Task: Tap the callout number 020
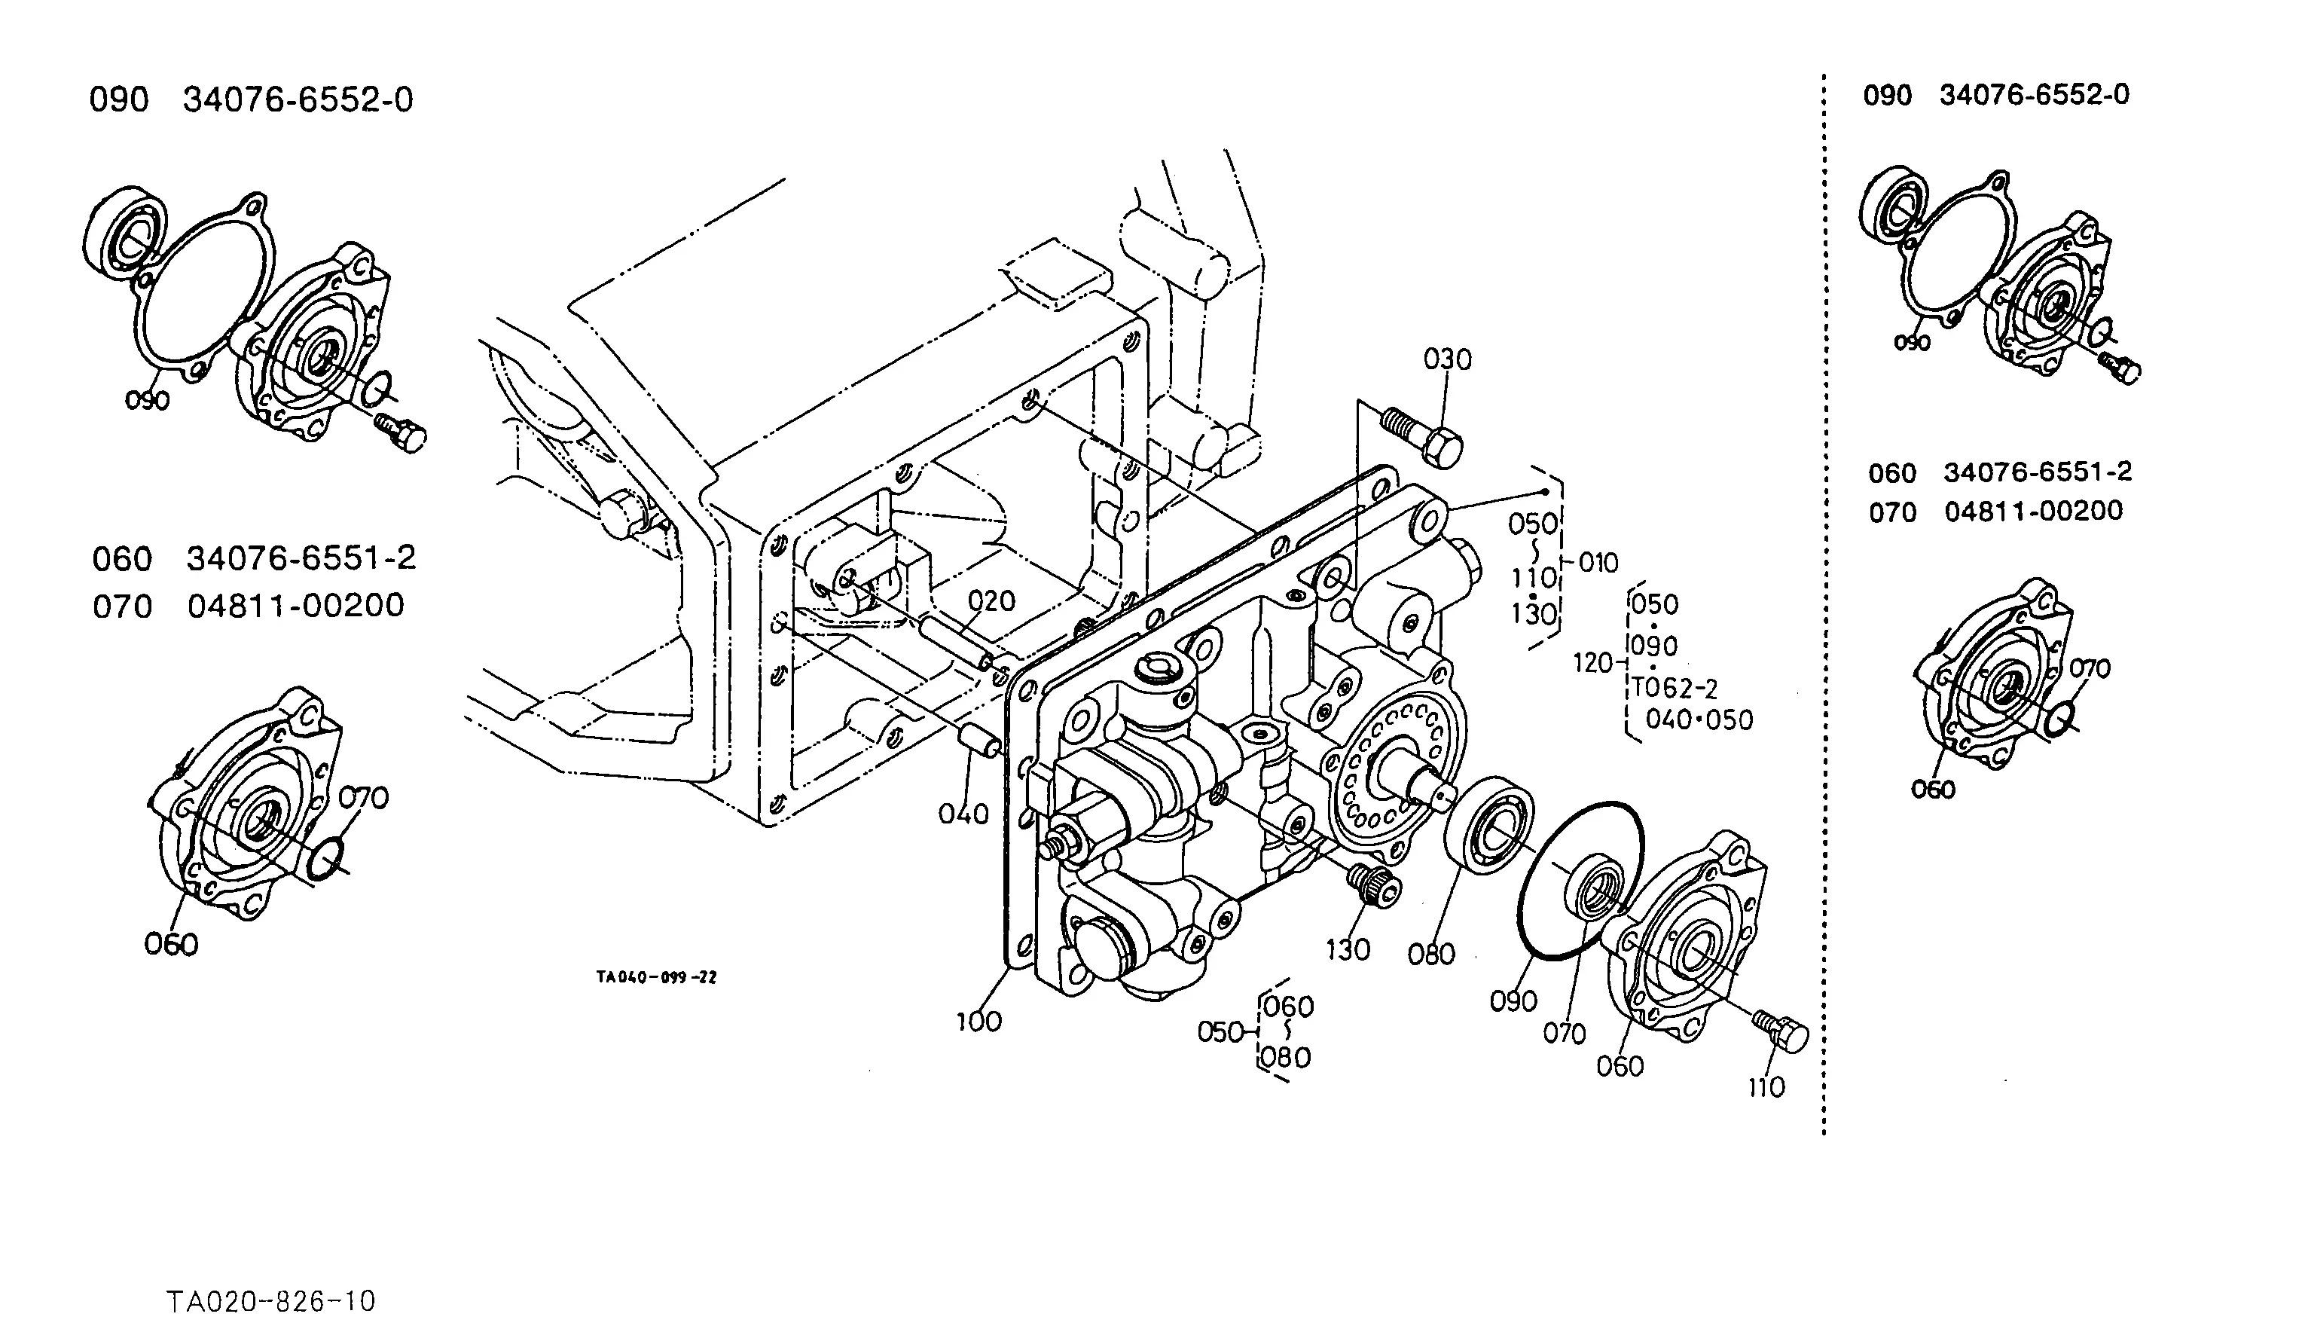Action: (991, 600)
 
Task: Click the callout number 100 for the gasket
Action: (978, 1022)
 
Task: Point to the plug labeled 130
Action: (1374, 885)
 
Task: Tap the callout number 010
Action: (1598, 562)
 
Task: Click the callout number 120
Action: (1593, 663)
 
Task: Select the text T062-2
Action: (1675, 687)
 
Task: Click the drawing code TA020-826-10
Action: (271, 1300)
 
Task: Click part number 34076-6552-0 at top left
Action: (298, 99)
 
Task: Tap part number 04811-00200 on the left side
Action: (295, 605)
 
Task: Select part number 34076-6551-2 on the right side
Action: (2038, 472)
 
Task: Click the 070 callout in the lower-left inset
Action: (363, 798)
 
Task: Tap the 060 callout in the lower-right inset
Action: (1933, 790)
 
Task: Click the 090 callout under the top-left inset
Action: (147, 401)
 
